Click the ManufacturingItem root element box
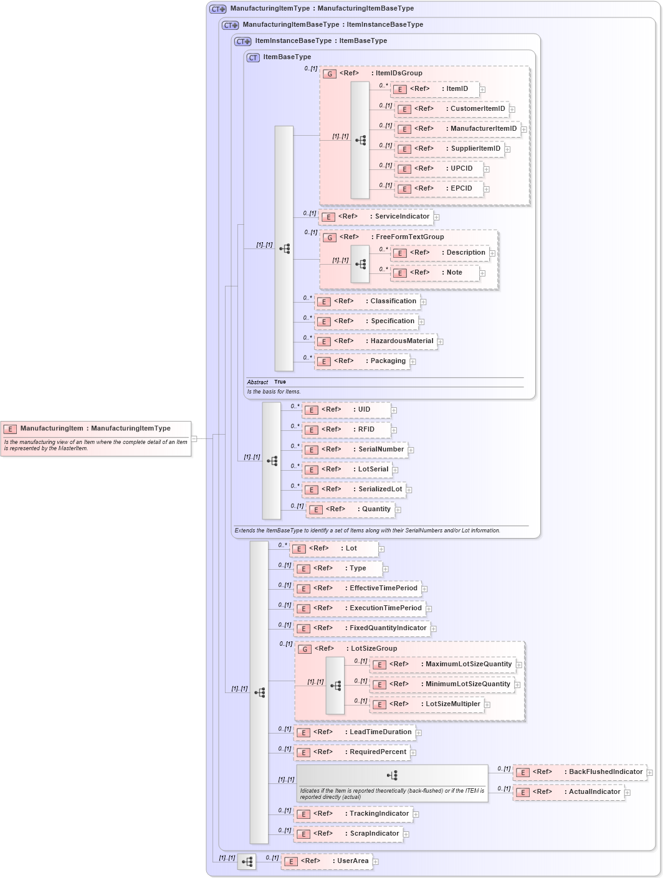coord(95,428)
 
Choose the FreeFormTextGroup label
coord(409,237)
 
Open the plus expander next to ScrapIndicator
coord(406,834)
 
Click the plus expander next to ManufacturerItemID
coord(524,130)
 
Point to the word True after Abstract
coord(280,382)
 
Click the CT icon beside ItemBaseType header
coord(253,57)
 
